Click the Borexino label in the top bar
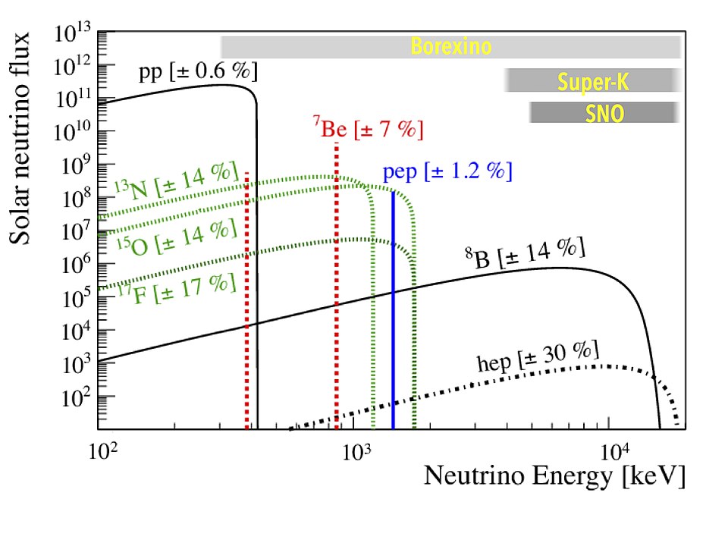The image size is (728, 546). pyautogui.click(x=451, y=47)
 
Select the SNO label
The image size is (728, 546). pyautogui.click(x=604, y=113)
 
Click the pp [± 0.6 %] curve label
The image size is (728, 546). pyautogui.click(x=198, y=73)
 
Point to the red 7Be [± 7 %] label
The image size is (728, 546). pyautogui.click(x=367, y=128)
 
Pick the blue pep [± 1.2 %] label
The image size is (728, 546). pyautogui.click(x=447, y=171)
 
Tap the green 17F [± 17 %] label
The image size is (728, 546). pyautogui.click(x=177, y=284)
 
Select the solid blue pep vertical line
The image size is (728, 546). pyautogui.click(x=393, y=318)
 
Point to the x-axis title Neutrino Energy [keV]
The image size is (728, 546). pyautogui.click(x=554, y=476)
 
